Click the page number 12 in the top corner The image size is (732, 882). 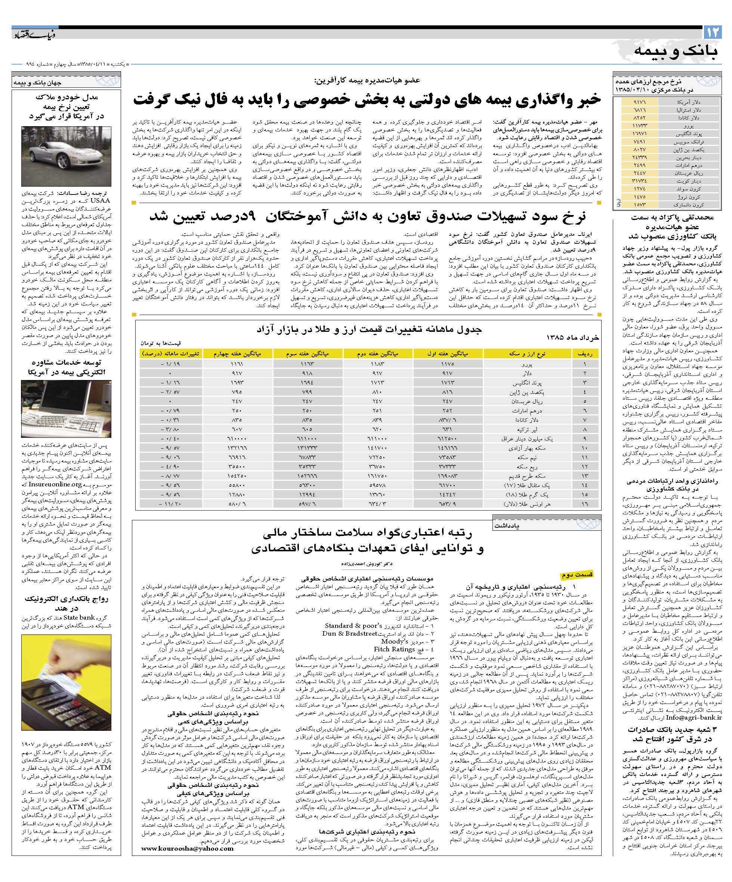click(x=713, y=33)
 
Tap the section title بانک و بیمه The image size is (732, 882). click(x=669, y=51)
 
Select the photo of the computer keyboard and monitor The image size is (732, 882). click(x=66, y=409)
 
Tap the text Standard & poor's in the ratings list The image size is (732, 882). click(x=353, y=625)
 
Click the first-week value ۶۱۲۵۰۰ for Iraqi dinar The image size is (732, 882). click(x=448, y=439)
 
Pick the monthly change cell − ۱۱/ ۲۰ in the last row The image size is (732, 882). click(x=170, y=504)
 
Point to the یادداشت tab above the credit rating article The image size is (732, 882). click(x=507, y=525)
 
